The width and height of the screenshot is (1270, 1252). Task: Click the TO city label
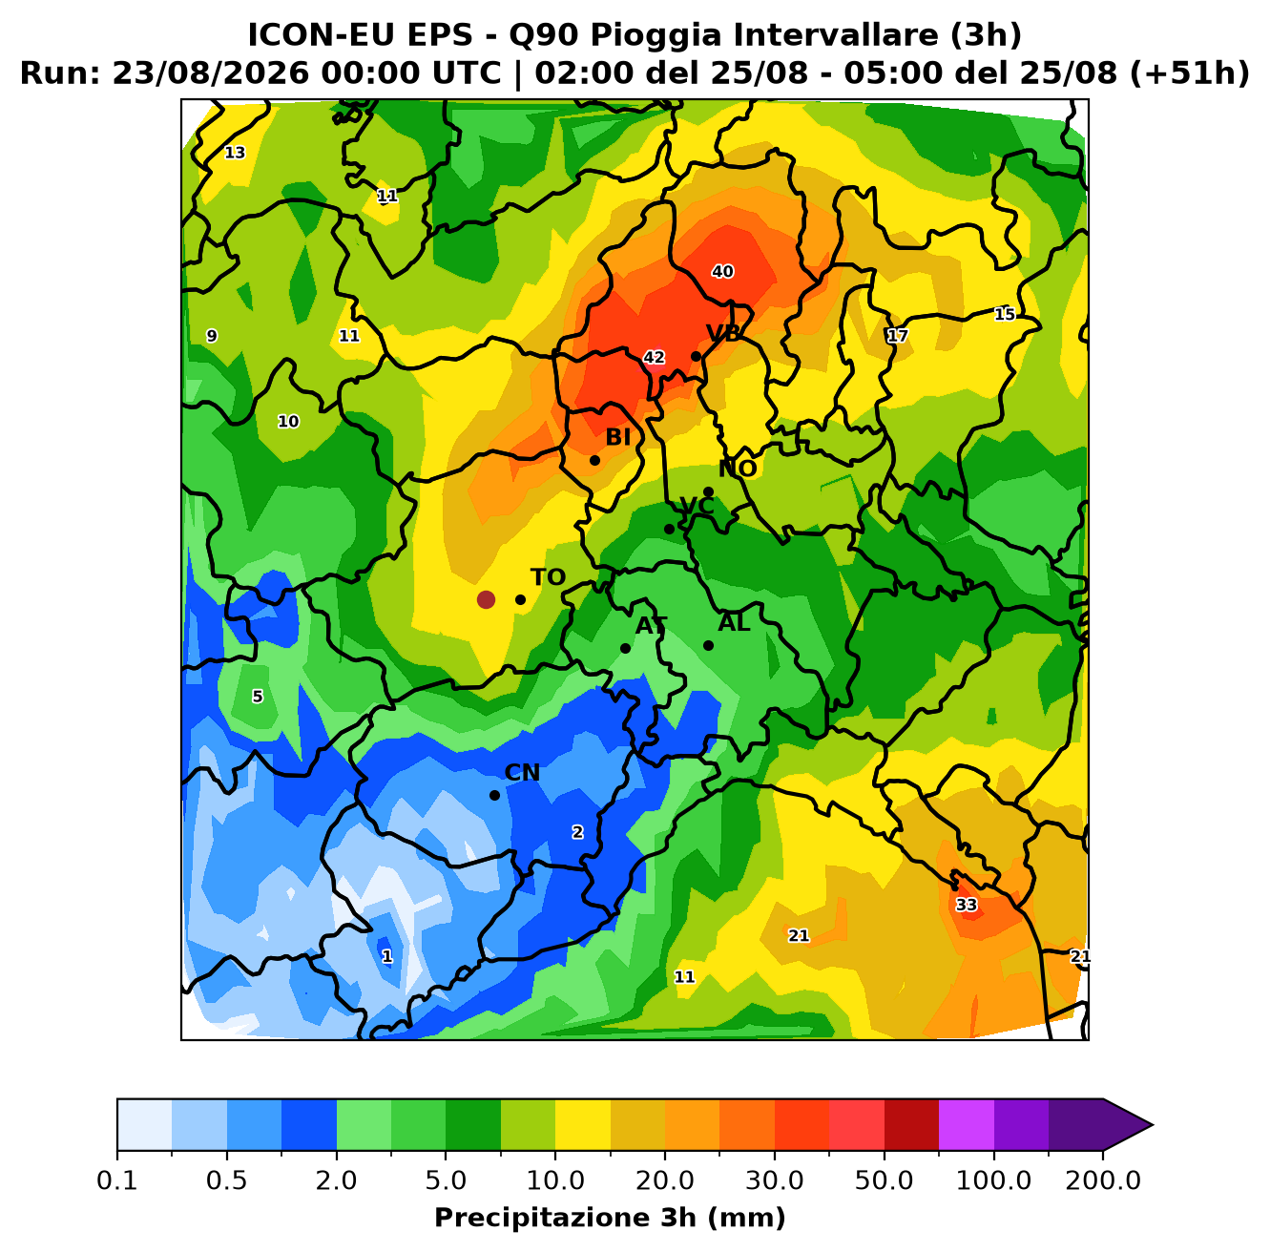click(x=548, y=577)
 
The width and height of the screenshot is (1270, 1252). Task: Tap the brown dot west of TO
click(x=486, y=599)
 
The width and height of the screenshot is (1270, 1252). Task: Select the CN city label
click(x=522, y=773)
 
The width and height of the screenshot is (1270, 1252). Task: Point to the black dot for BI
click(x=594, y=460)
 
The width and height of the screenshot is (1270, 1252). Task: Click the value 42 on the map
click(x=654, y=357)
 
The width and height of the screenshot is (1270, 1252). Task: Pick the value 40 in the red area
click(x=722, y=272)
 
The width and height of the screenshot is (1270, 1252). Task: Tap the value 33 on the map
click(x=967, y=905)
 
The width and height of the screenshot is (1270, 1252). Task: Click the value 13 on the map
click(x=235, y=153)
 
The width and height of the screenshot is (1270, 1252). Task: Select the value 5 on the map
click(x=258, y=697)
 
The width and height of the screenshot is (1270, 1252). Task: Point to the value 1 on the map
click(x=387, y=956)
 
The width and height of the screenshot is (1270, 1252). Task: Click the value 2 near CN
click(x=577, y=832)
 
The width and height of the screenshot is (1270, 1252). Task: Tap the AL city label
click(x=734, y=623)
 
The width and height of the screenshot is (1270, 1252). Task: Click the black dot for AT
click(x=625, y=648)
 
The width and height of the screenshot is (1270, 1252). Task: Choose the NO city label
click(x=738, y=469)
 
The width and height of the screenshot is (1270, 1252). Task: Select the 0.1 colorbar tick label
click(x=117, y=1179)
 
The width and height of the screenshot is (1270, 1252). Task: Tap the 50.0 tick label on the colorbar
click(x=884, y=1179)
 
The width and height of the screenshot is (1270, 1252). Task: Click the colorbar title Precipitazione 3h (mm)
click(x=610, y=1217)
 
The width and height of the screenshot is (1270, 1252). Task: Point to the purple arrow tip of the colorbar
click(x=1153, y=1125)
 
